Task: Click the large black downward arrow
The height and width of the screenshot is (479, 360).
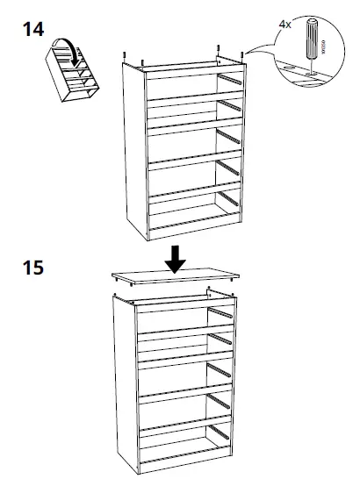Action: (176, 258)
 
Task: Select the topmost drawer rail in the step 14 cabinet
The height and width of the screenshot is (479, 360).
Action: (229, 81)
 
